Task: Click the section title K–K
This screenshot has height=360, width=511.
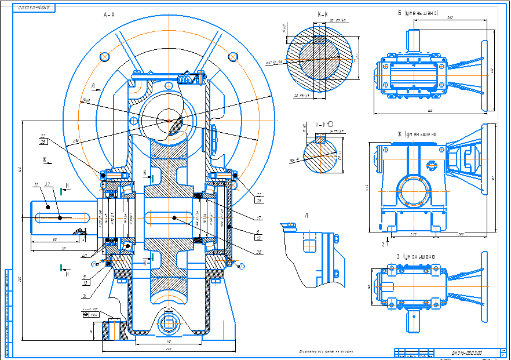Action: coord(323,14)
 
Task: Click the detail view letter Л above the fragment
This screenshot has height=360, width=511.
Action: coord(305,214)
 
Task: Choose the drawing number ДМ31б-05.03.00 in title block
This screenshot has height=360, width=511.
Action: coord(468,352)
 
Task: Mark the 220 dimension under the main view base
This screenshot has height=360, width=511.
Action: coord(169,350)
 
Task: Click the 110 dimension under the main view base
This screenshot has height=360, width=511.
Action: coord(169,341)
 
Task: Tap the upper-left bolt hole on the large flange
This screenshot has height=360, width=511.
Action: coord(105,56)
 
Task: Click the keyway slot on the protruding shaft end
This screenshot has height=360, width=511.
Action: coord(61,217)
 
